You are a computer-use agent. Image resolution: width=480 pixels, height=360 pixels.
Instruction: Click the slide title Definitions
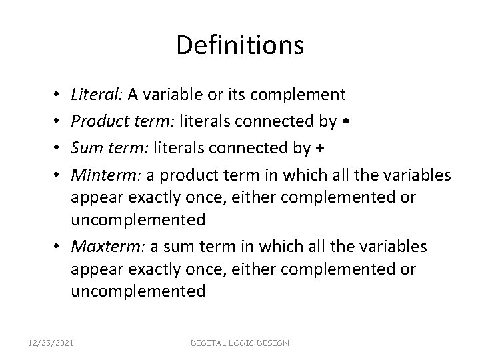tap(240, 45)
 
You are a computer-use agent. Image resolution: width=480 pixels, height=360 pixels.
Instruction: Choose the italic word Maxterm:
tap(101, 247)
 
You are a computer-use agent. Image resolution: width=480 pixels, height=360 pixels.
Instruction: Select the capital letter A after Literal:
tap(133, 95)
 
